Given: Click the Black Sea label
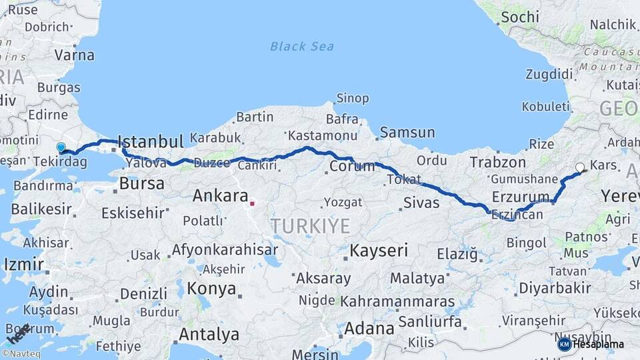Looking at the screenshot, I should pos(301,46).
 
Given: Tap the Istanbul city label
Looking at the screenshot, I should pos(150,142).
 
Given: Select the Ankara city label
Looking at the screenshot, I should pos(219,196).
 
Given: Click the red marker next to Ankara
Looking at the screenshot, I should pos(252,203).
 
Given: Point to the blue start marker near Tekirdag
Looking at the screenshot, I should pos(61,148).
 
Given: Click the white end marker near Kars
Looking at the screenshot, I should pos(579,168).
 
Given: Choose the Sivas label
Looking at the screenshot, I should pos(421,203).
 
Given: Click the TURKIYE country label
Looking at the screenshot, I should pos(310,226).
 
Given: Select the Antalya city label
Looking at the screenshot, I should pos(209,333).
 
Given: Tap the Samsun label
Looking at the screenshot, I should pos(407,133).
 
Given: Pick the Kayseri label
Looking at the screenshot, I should pos(379,251).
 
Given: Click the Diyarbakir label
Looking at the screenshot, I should pos(555,288).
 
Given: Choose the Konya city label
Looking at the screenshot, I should pos(212,289).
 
